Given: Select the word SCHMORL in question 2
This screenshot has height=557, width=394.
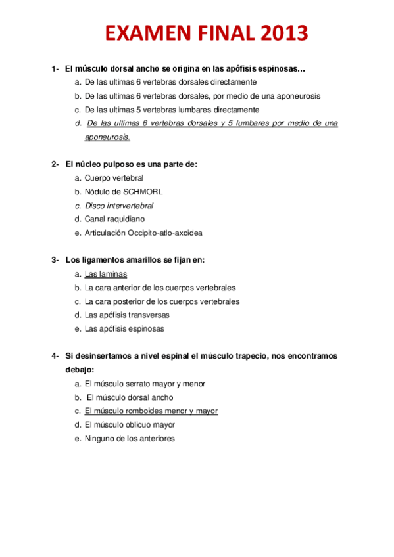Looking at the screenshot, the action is [x=141, y=192].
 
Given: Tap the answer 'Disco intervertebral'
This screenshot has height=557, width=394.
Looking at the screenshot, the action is [x=119, y=206].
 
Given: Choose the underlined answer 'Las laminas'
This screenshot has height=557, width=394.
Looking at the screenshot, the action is [x=106, y=274].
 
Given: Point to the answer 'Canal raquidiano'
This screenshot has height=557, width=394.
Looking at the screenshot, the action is [x=114, y=219].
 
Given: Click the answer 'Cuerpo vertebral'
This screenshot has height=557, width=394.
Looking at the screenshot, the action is [x=114, y=178].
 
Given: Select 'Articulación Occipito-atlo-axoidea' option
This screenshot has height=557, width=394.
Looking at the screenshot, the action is [x=143, y=233].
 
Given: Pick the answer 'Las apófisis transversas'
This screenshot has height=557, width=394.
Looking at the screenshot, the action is [x=127, y=315].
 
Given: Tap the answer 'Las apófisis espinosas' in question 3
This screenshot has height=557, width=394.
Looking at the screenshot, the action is [x=124, y=329].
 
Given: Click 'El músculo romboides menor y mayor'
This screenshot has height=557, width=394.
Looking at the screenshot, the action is [x=151, y=411].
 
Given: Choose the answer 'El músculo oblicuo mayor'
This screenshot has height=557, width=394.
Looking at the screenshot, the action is [x=130, y=425].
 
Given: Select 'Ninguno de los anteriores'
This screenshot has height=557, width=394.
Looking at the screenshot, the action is [x=130, y=439].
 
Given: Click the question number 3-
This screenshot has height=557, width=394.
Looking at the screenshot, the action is [x=56, y=260].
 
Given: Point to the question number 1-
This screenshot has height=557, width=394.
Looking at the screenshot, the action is [x=56, y=68].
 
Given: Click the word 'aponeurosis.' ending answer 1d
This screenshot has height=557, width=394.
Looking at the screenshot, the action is [x=107, y=137].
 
